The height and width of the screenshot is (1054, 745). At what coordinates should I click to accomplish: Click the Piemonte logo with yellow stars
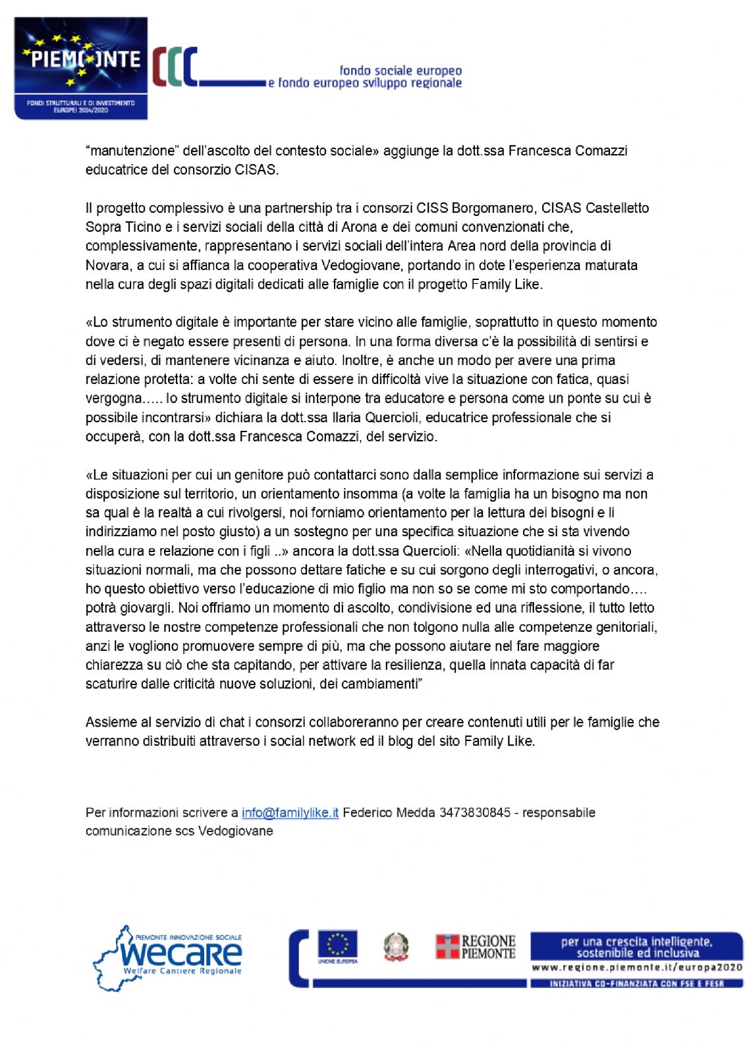click(81, 68)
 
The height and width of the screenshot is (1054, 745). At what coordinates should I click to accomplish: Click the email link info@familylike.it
click(290, 812)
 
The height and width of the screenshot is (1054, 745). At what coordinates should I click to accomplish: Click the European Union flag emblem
click(337, 945)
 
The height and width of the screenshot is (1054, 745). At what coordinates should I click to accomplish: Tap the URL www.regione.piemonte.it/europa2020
click(637, 968)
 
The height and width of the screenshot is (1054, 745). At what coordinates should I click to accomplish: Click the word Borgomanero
click(493, 208)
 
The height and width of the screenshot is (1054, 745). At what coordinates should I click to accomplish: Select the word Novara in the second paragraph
click(106, 265)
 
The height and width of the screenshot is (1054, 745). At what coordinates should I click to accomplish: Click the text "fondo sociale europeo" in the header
click(400, 70)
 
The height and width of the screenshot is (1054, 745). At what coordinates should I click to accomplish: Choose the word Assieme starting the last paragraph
click(111, 722)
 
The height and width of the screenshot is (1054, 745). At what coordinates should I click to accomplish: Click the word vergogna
click(113, 398)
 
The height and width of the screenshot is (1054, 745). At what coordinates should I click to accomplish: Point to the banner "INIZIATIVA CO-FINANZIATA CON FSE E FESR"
click(636, 984)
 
